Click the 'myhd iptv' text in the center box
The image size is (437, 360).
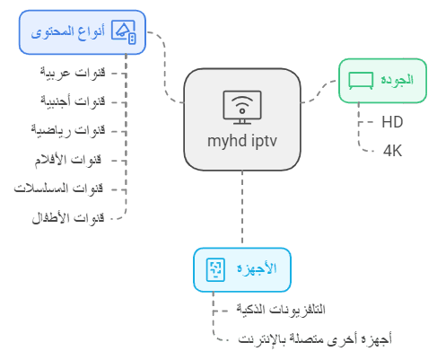242,141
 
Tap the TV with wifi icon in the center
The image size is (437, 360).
242,107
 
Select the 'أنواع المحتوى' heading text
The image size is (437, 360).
68,32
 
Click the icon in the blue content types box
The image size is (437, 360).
124,32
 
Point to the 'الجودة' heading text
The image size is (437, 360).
398,80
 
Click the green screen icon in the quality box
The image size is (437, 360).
361,81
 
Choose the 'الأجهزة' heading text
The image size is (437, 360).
257,268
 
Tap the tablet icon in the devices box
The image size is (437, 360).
215,269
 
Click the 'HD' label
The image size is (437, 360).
392,122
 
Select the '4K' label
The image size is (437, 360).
392,151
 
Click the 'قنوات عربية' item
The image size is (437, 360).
73,73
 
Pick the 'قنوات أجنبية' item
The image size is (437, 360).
73,101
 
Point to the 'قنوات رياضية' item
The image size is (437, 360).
68,130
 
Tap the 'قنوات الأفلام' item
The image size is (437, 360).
68,160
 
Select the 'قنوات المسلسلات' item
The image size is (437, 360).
58,189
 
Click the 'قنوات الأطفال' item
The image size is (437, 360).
68,217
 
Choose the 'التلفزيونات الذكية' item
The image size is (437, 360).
281,309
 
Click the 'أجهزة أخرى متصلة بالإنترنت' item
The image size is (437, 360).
315,339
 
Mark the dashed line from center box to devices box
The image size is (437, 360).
242,207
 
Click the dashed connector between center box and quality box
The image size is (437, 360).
319,92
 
